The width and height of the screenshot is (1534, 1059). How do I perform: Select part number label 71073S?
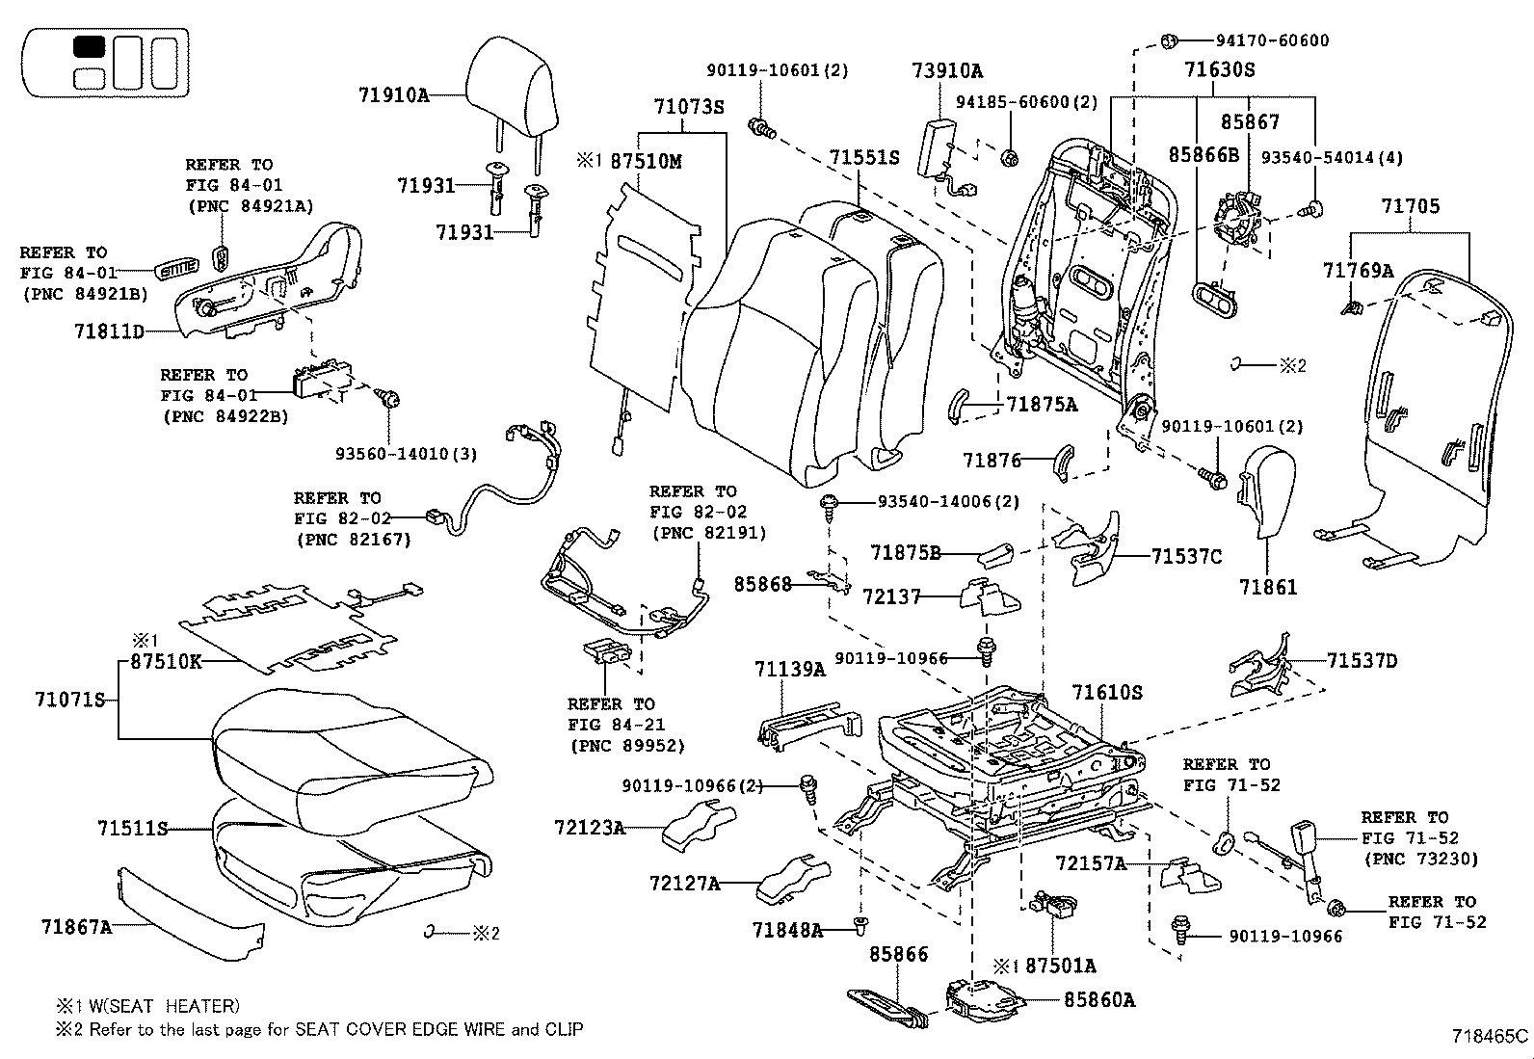point(688,107)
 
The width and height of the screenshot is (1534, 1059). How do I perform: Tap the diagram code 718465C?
point(1490,1037)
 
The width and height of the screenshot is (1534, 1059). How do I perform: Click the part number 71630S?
point(1219,70)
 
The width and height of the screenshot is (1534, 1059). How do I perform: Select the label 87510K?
point(166,662)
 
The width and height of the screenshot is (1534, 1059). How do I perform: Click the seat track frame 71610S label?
point(1107,692)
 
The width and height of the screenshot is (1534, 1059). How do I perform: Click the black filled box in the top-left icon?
point(90,47)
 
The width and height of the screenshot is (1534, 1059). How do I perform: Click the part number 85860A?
point(1099,1000)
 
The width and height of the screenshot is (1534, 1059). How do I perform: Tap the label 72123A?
point(590,827)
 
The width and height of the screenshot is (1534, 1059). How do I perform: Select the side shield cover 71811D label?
point(109,331)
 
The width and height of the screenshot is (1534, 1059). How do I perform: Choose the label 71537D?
point(1362,660)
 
